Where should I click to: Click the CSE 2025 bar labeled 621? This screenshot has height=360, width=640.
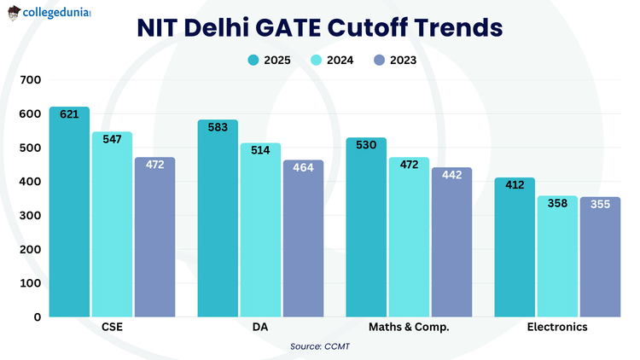69,213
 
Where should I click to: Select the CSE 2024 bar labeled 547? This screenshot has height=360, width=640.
112,226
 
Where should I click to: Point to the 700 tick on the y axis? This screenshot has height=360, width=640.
31,80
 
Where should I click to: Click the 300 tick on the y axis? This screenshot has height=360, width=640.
31,216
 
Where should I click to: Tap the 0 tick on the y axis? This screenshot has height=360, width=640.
37,317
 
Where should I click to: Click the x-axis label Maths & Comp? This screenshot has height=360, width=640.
409,328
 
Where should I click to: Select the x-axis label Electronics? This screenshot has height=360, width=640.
557,328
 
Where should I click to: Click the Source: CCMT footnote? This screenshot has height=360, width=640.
320,346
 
